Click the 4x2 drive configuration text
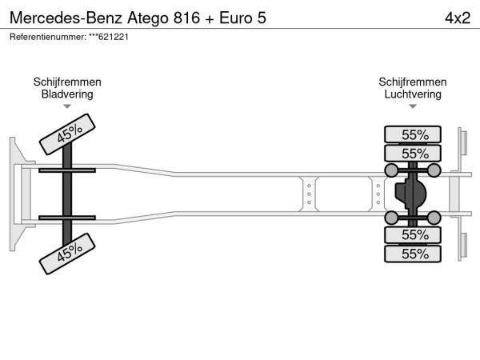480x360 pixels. [458, 18]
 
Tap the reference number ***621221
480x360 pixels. [109, 37]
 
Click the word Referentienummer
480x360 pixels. [48, 37]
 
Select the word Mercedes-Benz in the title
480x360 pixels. [66, 18]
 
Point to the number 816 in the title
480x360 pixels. [186, 18]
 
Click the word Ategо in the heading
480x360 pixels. [148, 18]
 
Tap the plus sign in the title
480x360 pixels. [210, 18]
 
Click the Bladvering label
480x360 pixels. [67, 94]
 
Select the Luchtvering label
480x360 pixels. [413, 94]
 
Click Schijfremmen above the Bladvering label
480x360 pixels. [67, 82]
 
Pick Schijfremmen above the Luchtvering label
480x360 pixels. [413, 82]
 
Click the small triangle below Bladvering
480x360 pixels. [67, 106]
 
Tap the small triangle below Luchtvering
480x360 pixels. [413, 106]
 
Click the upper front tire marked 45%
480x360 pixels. [67, 134]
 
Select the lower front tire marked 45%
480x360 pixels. [67, 254]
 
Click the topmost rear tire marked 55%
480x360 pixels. [413, 134]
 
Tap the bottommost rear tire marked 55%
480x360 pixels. [413, 254]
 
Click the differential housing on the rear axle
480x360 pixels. [410, 194]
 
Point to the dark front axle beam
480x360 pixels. [67, 194]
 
